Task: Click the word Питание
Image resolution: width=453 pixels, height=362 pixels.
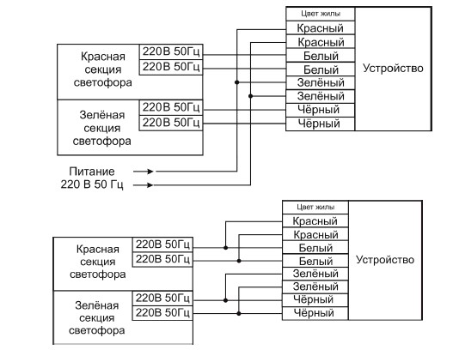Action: pos(92,172)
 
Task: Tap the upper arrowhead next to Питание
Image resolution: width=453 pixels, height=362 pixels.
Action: pos(150,172)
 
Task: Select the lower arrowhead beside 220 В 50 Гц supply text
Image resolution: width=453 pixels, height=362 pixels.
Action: pos(150,185)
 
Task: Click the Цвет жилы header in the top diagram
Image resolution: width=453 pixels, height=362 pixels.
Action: pos(321,14)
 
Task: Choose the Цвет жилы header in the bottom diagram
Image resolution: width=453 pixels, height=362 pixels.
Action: pos(315,207)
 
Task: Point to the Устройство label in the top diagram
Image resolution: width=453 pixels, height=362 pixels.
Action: pos(393,69)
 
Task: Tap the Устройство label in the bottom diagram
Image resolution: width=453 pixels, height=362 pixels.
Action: pos(385,260)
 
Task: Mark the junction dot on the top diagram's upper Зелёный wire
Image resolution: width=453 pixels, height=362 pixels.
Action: pos(237,82)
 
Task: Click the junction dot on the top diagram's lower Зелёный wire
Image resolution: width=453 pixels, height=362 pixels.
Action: pos(250,96)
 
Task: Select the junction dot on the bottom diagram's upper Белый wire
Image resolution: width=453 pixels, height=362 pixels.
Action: pos(225,248)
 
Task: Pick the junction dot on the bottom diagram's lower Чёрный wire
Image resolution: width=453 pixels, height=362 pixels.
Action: pos(239,313)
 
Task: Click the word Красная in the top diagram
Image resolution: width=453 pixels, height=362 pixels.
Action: pos(103,57)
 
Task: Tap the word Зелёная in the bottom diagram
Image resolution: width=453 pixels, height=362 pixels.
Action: pos(97,305)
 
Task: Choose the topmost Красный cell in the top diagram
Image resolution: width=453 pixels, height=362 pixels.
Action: pos(321,28)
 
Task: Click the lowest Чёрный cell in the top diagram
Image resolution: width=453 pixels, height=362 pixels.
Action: pos(320,124)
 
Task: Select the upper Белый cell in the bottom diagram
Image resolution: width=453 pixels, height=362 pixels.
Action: pos(315,248)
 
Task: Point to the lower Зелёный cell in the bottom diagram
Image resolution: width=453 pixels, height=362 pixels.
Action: pos(315,287)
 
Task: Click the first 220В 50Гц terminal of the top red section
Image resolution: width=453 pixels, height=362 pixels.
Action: pos(171,51)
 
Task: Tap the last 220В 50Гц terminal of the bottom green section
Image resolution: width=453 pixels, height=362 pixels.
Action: pos(162,313)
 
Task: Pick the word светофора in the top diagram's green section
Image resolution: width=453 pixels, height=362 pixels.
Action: pos(102,142)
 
